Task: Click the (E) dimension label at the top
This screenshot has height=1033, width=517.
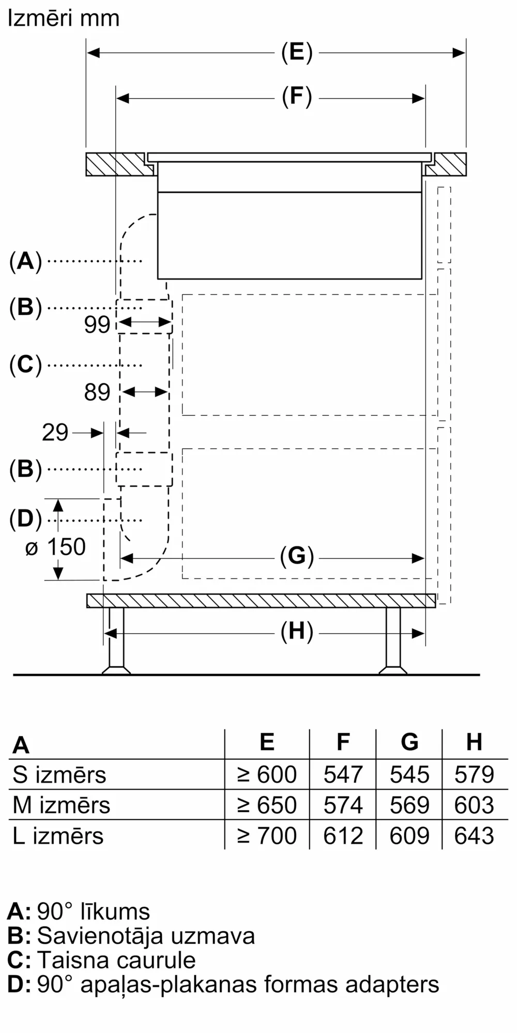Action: click(x=297, y=53)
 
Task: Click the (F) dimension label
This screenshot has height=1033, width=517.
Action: click(x=297, y=97)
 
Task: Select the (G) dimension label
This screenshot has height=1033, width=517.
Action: click(x=297, y=557)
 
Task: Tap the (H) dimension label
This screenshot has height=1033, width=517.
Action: click(x=297, y=632)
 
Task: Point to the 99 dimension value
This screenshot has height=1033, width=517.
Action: click(x=97, y=325)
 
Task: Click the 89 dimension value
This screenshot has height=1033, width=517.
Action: click(x=97, y=393)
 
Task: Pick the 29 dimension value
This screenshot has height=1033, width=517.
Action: click(x=55, y=432)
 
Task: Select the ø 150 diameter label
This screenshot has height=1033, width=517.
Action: click(x=55, y=547)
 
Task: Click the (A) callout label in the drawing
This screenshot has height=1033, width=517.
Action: click(x=25, y=261)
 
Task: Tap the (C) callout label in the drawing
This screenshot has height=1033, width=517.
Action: click(x=25, y=365)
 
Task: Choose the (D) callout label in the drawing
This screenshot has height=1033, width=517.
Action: click(x=25, y=519)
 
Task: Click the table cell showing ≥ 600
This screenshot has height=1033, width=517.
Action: click(x=267, y=775)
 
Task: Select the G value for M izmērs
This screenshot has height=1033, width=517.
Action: click(x=409, y=805)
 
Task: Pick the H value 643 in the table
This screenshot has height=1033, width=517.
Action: click(x=474, y=836)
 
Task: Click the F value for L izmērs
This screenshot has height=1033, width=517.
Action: click(x=343, y=836)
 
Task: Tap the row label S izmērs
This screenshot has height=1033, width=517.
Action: click(x=59, y=775)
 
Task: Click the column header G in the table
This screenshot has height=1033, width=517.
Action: click(x=409, y=742)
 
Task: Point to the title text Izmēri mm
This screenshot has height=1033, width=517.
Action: click(x=64, y=19)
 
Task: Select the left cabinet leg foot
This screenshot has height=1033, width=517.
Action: click(x=116, y=670)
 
